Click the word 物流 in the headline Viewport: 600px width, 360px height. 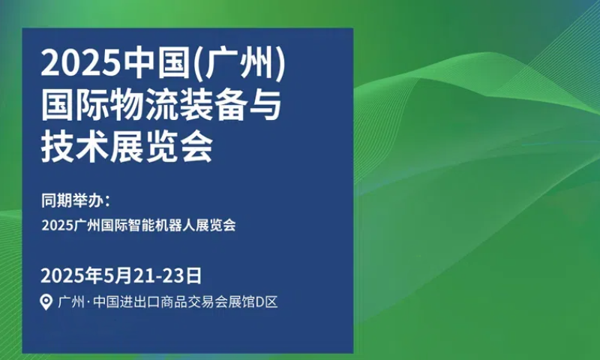tap(145, 105)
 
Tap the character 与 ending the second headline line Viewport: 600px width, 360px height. tap(265, 105)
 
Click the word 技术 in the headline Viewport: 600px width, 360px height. tap(75, 147)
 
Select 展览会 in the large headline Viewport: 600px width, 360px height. tap(161, 147)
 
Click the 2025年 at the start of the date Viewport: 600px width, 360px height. tap(72, 275)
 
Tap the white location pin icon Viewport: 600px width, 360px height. tap(46, 302)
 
